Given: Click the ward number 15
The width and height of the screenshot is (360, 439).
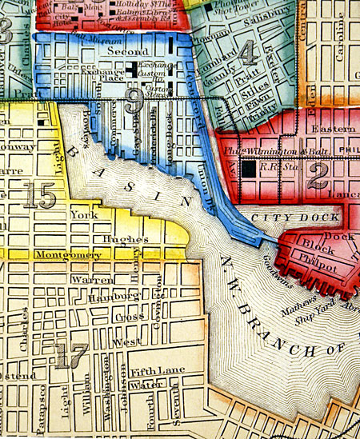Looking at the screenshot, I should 39,194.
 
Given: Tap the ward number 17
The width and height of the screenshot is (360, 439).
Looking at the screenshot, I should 70,356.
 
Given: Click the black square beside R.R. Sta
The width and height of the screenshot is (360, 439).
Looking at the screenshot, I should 250,168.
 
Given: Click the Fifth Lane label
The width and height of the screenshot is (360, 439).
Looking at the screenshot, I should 150,370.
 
